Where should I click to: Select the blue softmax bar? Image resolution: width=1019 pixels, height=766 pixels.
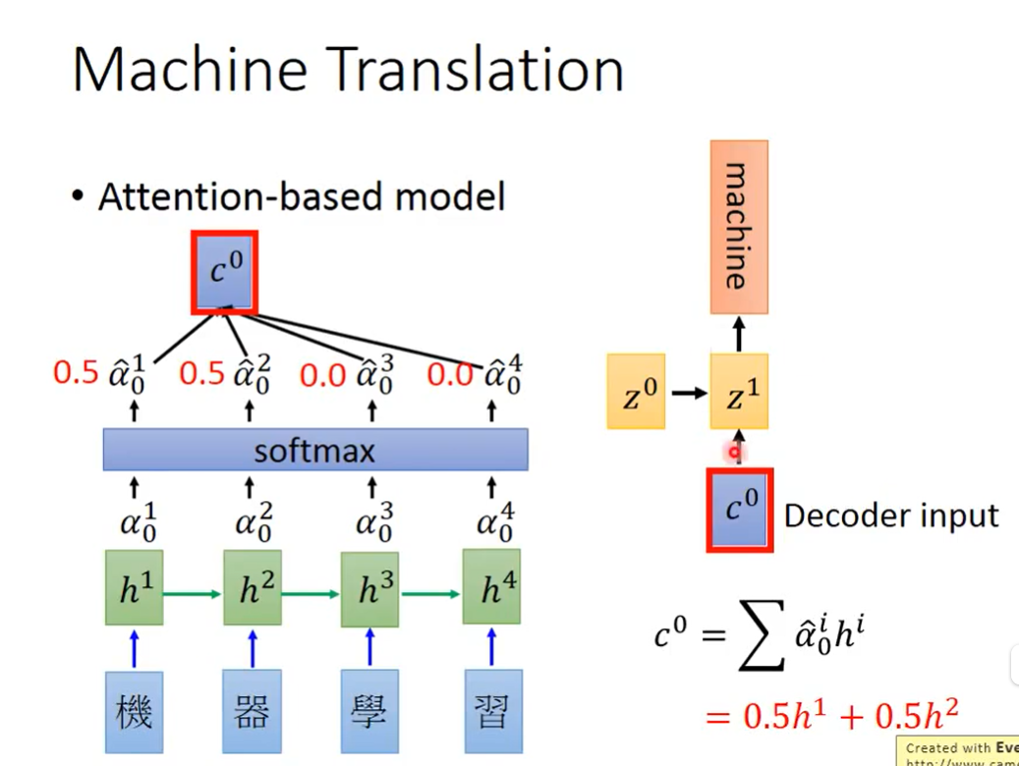315,451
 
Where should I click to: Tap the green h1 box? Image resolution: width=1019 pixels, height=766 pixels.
135,588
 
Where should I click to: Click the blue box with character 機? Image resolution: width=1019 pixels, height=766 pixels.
135,711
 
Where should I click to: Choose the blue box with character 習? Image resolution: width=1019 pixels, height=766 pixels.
491,711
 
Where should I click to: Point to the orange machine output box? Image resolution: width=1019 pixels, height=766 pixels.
738,227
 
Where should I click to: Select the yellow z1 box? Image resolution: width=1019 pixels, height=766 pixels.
739,393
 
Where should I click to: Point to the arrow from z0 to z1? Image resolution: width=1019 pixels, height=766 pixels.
689,394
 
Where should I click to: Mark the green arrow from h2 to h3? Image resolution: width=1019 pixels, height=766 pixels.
311,593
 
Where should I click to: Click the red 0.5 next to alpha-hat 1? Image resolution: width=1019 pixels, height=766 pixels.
76,373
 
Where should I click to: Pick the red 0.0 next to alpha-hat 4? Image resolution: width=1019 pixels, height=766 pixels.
450,374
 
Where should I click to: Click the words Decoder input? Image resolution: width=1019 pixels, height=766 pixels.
890,515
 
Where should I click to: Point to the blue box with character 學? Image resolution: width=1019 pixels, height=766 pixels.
370,711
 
